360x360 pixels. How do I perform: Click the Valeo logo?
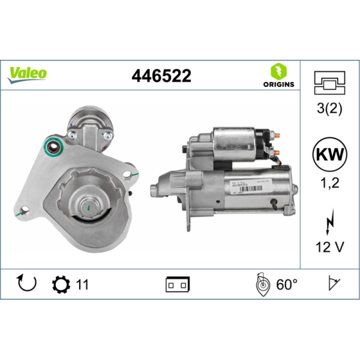pos(27,73)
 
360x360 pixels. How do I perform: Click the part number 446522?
pos(161,76)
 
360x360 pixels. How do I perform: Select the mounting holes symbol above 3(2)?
pos(329,83)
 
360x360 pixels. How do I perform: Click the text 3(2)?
pos(329,109)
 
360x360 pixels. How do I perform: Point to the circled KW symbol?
pos(329,154)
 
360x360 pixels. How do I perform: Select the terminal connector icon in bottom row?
pos(178,284)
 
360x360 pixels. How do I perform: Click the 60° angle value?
pos(287,284)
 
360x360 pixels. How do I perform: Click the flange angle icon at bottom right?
pos(333,284)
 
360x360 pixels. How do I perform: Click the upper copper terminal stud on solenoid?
pos(277,135)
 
